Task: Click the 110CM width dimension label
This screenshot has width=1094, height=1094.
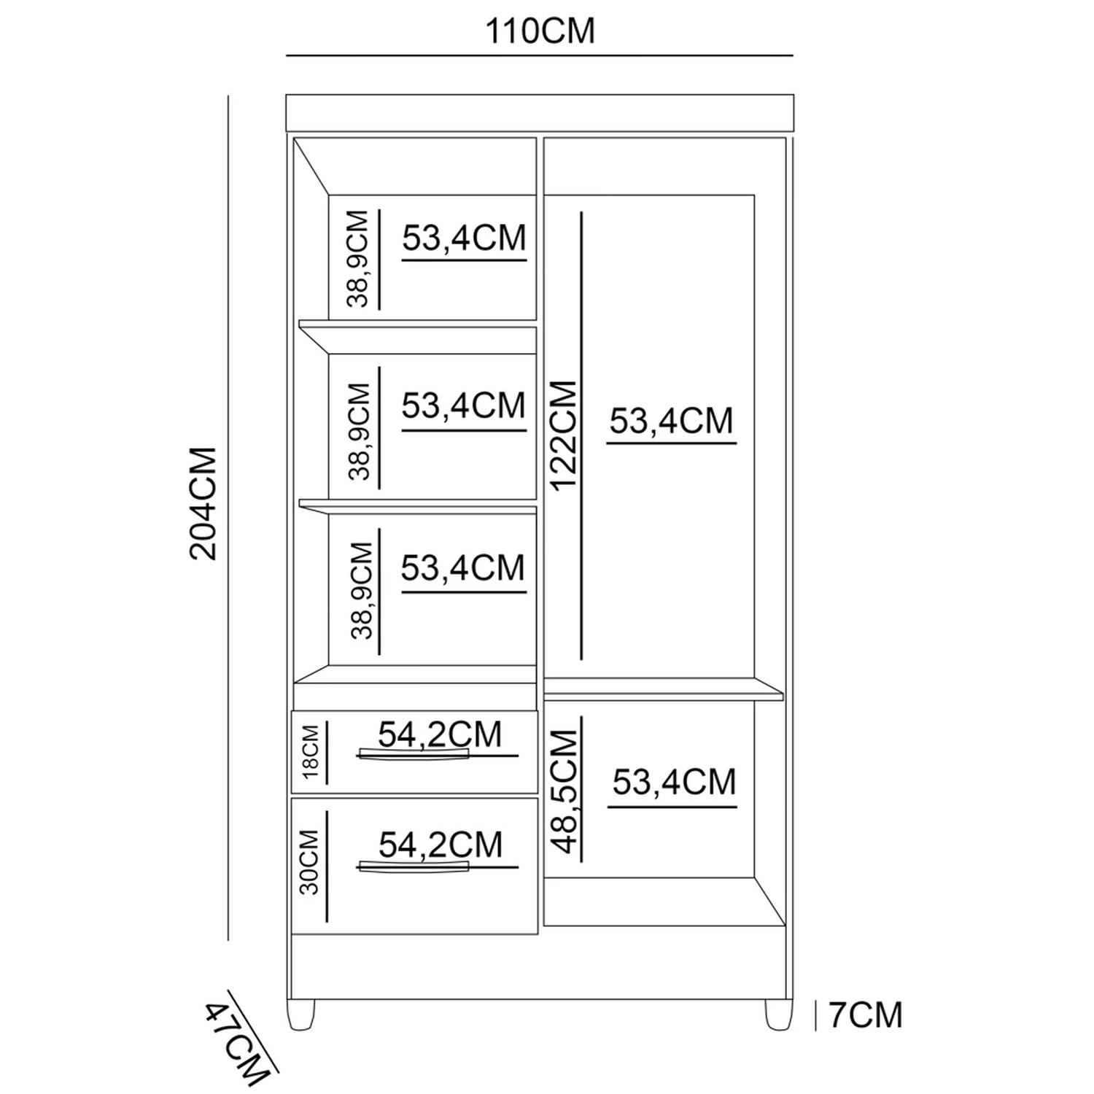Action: tap(540, 31)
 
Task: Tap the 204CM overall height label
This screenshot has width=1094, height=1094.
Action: tap(204, 503)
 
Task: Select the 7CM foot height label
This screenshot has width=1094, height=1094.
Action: tap(866, 1015)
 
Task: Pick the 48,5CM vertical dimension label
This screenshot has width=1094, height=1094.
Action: tap(565, 793)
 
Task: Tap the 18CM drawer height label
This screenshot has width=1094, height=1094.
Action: tap(311, 752)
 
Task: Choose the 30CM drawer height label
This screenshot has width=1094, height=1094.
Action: tap(309, 863)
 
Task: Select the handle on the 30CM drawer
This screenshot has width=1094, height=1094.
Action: tap(413, 866)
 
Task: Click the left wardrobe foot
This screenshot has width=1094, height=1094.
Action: tap(301, 1015)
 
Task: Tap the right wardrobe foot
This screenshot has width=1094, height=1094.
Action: tap(777, 1015)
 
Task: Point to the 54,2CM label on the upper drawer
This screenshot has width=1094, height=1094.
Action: tap(440, 734)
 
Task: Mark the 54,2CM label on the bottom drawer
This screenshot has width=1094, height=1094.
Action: tap(441, 845)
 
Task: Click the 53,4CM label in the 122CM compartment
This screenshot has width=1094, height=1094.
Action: tap(671, 421)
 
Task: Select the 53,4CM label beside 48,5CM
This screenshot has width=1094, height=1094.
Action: tap(674, 782)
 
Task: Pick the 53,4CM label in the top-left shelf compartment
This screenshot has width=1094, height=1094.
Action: tap(464, 238)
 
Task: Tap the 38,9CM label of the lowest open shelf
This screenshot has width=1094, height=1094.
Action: tap(362, 591)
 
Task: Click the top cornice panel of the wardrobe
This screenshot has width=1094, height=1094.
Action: tap(540, 112)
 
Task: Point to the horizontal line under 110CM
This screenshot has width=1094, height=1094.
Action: tap(540, 55)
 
